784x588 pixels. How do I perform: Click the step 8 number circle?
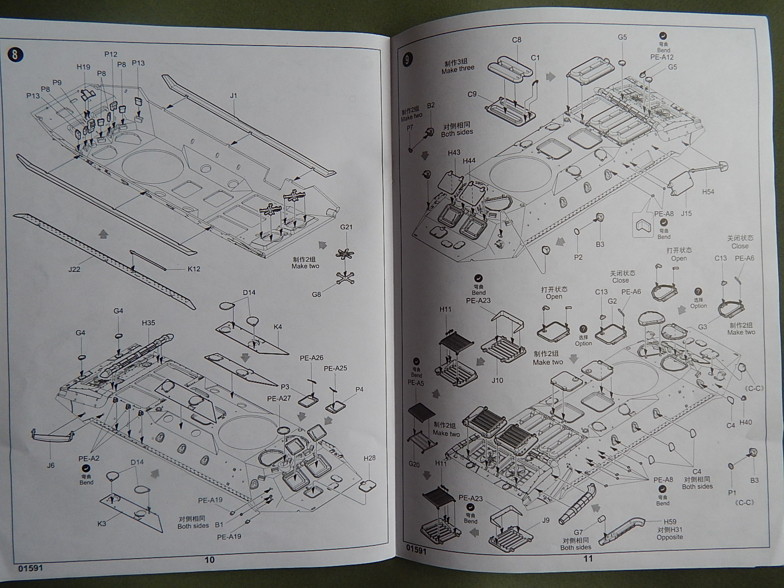click(x=15, y=54)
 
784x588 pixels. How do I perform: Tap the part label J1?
click(x=233, y=96)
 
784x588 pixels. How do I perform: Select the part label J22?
click(x=75, y=269)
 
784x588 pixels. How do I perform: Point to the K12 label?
click(x=194, y=269)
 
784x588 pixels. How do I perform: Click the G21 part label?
click(x=346, y=227)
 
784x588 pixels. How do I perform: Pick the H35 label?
click(x=148, y=323)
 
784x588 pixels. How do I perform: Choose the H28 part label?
click(x=369, y=458)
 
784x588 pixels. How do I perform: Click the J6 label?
click(x=51, y=465)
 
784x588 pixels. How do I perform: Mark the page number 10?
click(x=209, y=560)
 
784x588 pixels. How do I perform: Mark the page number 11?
click(x=588, y=558)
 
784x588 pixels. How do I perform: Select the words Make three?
click(x=458, y=69)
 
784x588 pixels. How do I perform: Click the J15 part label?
click(x=686, y=213)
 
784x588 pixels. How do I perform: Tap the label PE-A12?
click(x=662, y=57)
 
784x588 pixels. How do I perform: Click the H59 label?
click(x=670, y=522)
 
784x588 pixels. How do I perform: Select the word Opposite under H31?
click(x=670, y=537)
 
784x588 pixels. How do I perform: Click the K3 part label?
click(x=102, y=524)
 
